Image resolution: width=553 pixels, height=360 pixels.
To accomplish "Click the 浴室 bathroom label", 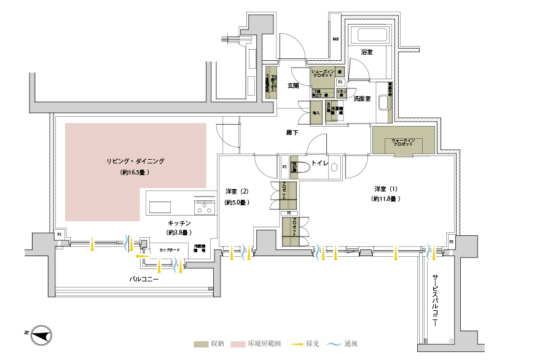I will pos(367,53).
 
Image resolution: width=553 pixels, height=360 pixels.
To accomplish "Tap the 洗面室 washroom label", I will pos(363,98).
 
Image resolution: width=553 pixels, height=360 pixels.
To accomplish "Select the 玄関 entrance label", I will pos(293,85).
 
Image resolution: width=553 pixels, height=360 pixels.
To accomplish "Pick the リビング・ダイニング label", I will pos(135,161).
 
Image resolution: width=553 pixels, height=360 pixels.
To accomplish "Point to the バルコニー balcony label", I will pos(144,280).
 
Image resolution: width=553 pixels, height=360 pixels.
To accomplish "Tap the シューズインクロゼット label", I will pos(323,73).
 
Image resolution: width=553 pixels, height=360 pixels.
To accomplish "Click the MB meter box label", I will pos(335,39).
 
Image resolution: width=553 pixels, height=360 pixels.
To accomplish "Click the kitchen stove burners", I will pos(205,206).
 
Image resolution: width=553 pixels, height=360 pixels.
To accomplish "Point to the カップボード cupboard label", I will pos(169,251).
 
